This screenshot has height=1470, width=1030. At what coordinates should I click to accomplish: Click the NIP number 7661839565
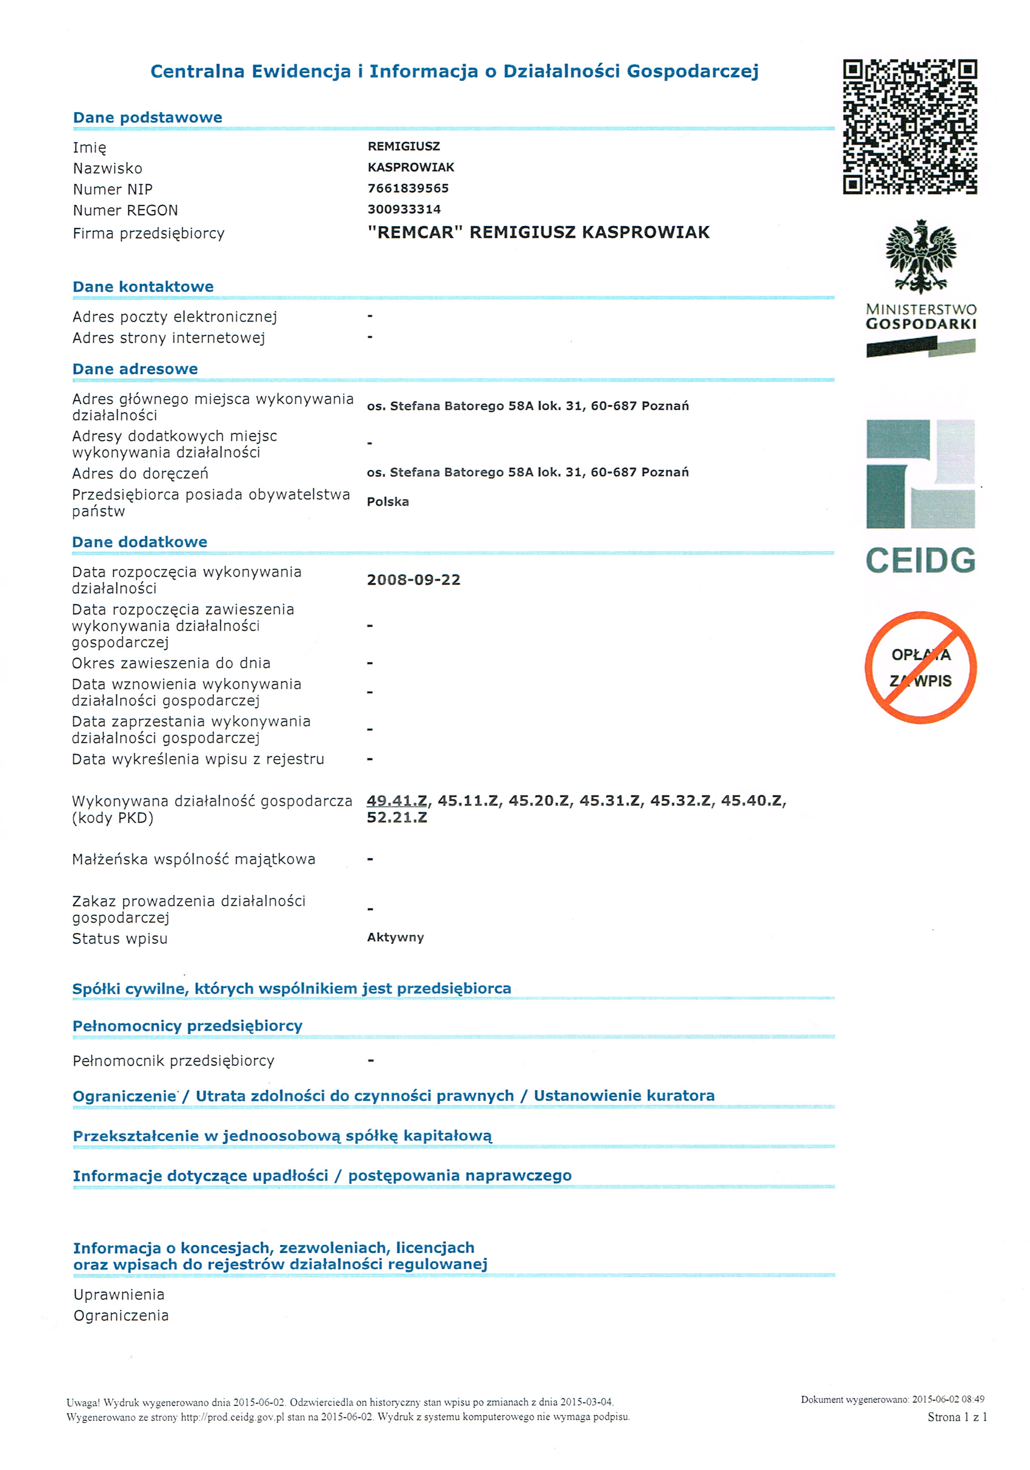pos(408,188)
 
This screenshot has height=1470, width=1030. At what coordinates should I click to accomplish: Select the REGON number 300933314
pos(404,210)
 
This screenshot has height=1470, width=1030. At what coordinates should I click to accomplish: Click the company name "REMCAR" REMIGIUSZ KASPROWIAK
pos(538,232)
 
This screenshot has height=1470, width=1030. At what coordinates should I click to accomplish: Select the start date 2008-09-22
pos(413,580)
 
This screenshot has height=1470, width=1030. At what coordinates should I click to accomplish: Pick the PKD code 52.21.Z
pos(396,818)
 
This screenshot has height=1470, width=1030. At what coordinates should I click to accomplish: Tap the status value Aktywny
pos(395,938)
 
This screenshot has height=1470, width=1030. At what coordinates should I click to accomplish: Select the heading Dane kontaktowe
pos(143,287)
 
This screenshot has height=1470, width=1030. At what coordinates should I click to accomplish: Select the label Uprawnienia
pos(119,1295)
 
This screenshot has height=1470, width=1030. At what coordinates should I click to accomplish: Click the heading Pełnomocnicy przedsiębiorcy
pos(187,1026)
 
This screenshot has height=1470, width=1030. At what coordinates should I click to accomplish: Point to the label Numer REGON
pos(125,210)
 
